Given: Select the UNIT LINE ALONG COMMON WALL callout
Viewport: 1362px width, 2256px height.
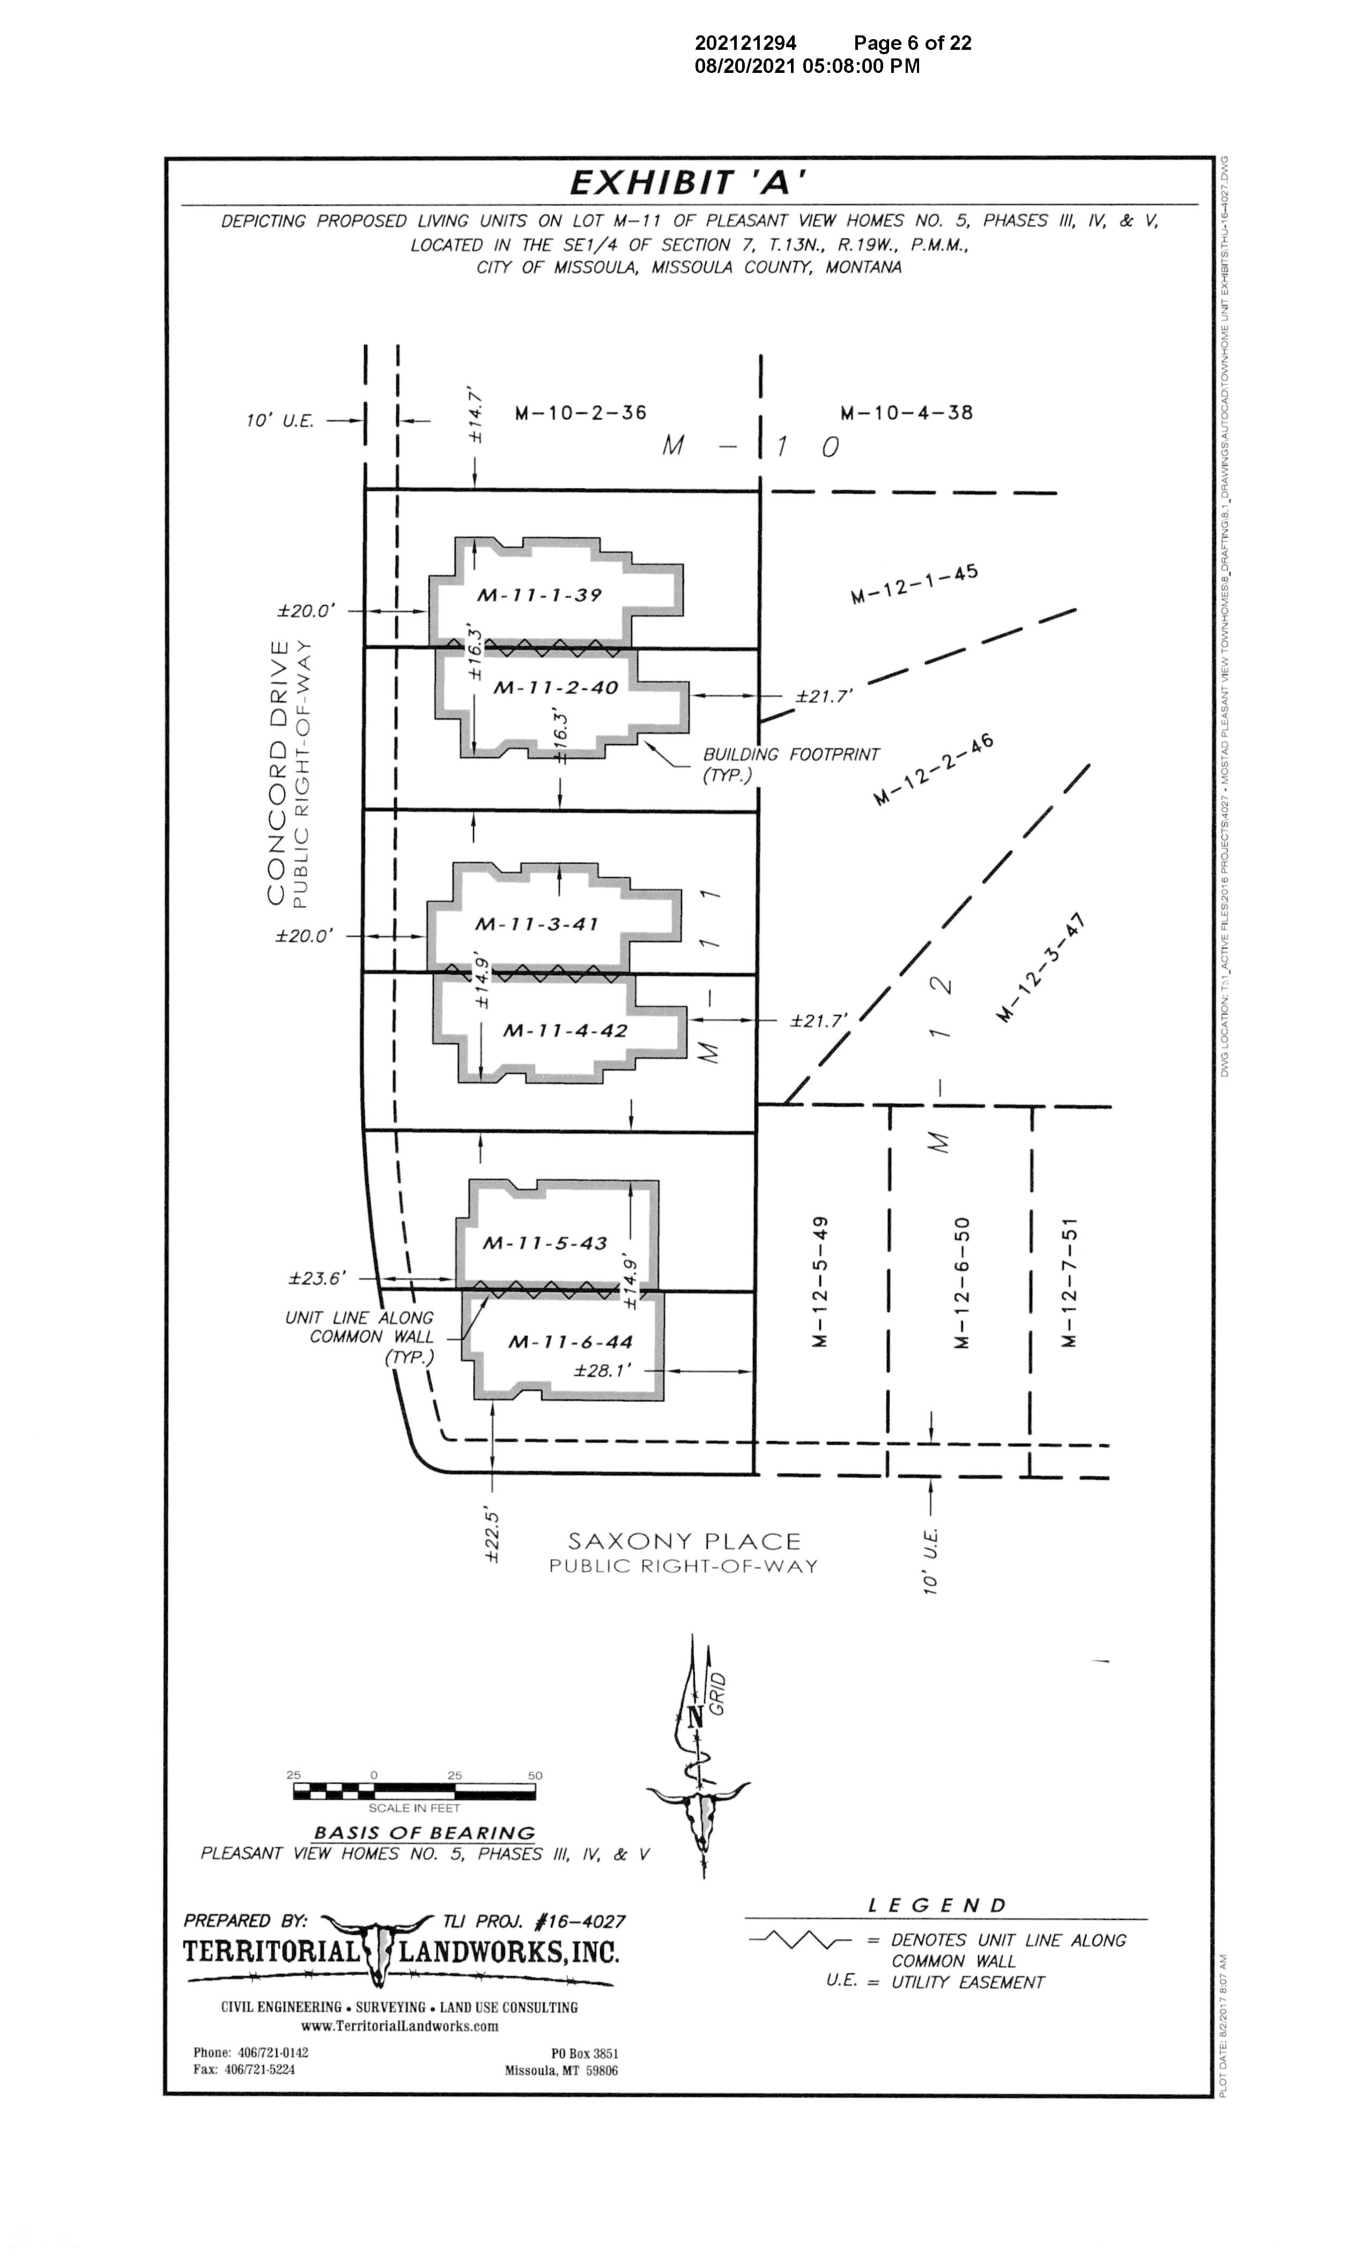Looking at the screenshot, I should (x=359, y=1336).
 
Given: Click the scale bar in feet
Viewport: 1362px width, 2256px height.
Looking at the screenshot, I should (x=414, y=1791).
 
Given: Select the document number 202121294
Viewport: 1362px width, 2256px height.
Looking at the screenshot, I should (x=745, y=43).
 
